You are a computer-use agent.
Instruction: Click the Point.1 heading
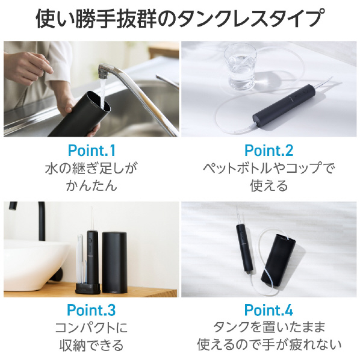[x=92, y=151]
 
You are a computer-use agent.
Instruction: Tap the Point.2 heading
[x=269, y=151]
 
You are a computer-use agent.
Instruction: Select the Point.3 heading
[x=91, y=310]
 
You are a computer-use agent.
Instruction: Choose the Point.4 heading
[x=268, y=310]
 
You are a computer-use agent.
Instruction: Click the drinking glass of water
[x=241, y=67]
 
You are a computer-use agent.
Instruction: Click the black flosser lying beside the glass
[x=284, y=104]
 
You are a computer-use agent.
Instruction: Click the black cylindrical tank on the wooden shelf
[x=114, y=262]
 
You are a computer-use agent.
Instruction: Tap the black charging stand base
[x=88, y=288]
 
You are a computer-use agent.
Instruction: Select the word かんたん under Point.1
[x=92, y=185]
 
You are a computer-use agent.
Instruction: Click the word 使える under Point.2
[x=269, y=185]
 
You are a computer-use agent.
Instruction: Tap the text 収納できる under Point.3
[x=92, y=345]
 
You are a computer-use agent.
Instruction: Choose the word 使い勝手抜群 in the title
[x=97, y=18]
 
